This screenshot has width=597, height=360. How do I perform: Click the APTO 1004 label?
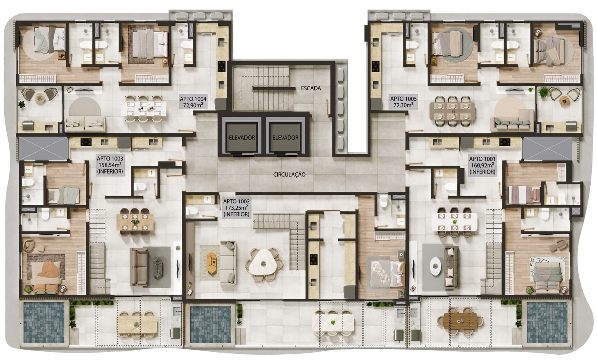[x=193, y=102]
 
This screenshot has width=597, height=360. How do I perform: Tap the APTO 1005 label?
[x=403, y=102]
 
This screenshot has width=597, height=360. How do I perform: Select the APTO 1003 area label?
[x=110, y=165]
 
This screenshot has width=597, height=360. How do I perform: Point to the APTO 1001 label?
[x=482, y=165]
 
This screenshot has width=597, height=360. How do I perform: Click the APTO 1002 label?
[x=236, y=208]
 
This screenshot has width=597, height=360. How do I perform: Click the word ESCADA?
[x=311, y=88]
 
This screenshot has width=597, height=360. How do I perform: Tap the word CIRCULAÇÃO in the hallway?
[x=289, y=174]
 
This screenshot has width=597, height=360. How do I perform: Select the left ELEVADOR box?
[x=242, y=137]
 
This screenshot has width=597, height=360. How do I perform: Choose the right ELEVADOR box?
[x=285, y=137]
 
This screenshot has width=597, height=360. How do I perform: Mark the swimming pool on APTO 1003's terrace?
[x=44, y=323]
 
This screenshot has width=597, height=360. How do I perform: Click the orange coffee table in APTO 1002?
[x=212, y=262]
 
